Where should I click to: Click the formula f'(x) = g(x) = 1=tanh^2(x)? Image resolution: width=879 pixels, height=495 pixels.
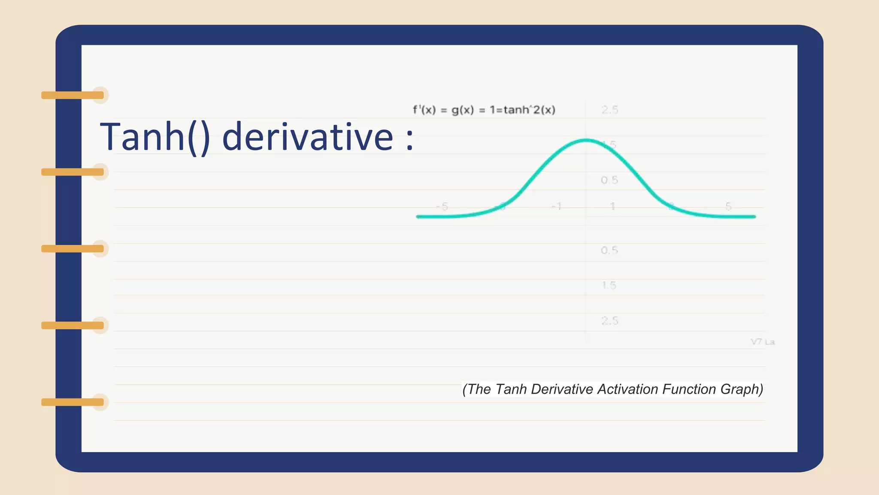(x=484, y=110)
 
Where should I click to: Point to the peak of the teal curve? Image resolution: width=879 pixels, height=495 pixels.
(x=586, y=140)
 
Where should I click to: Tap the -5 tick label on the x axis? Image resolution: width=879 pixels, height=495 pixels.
(x=442, y=207)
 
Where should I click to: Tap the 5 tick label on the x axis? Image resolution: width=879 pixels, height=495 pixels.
(x=728, y=206)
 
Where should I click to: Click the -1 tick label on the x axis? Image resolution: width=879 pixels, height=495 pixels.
(x=556, y=207)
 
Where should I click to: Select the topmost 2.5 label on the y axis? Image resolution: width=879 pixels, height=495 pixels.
(x=609, y=110)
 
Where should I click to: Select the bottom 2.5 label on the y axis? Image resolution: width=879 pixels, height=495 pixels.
(x=609, y=321)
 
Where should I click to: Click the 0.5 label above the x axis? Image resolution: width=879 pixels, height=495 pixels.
(x=609, y=180)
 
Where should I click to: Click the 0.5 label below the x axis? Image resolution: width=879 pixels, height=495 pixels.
(x=609, y=250)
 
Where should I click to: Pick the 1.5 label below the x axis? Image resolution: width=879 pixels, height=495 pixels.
(x=609, y=285)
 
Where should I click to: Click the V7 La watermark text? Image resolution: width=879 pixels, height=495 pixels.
(x=762, y=342)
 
